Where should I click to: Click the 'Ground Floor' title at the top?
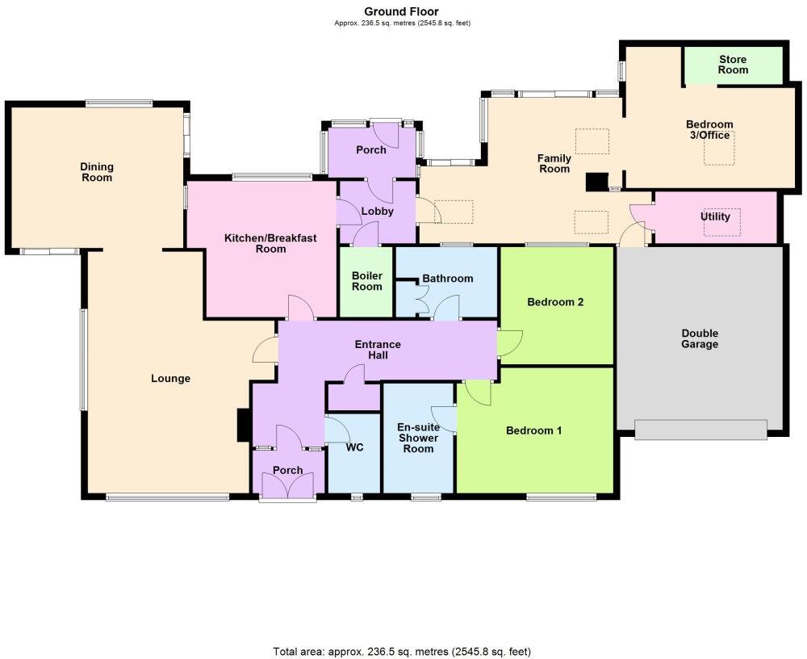coord(402,11)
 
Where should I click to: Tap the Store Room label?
coord(733,65)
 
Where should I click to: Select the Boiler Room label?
coord(366,280)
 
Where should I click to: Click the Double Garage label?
coord(699,338)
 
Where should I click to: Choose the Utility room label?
coord(715,216)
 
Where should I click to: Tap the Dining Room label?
coord(96,172)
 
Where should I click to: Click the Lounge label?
coord(170,378)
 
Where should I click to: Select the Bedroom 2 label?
coord(555,303)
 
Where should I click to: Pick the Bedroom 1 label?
coord(533,430)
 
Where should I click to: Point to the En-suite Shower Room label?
coord(418,438)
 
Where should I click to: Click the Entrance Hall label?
coord(378,350)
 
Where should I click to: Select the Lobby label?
coord(377,212)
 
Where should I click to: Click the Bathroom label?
coord(448,279)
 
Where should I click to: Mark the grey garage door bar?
coord(700,430)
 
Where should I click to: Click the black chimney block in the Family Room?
coord(596,183)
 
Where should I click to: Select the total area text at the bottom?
coord(402,651)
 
